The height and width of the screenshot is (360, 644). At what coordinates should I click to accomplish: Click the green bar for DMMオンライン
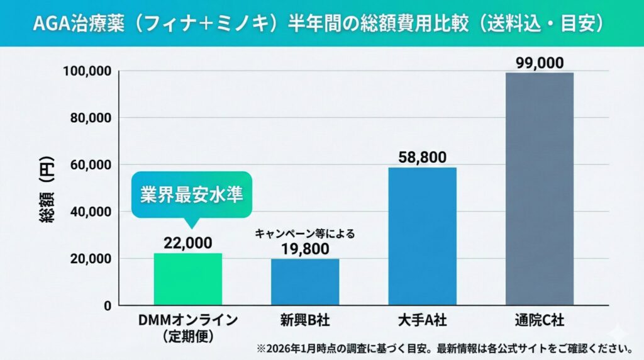(x=187, y=279)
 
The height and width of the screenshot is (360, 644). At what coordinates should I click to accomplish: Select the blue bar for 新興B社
(x=305, y=282)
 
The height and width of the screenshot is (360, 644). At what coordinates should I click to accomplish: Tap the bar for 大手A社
(x=422, y=236)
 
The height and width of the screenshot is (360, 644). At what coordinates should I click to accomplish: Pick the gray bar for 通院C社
(x=539, y=189)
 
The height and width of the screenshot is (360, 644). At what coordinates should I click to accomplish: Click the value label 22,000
(x=187, y=243)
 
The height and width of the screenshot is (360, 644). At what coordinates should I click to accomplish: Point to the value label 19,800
(x=305, y=249)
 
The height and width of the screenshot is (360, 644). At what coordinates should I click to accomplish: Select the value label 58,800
(x=422, y=157)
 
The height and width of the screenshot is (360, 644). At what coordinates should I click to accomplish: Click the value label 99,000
(x=539, y=63)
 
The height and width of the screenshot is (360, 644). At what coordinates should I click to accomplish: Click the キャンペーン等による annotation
(x=305, y=233)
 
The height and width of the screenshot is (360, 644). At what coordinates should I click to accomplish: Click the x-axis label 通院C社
(x=539, y=321)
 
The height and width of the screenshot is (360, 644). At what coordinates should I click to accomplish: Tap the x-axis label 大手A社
(x=422, y=321)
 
